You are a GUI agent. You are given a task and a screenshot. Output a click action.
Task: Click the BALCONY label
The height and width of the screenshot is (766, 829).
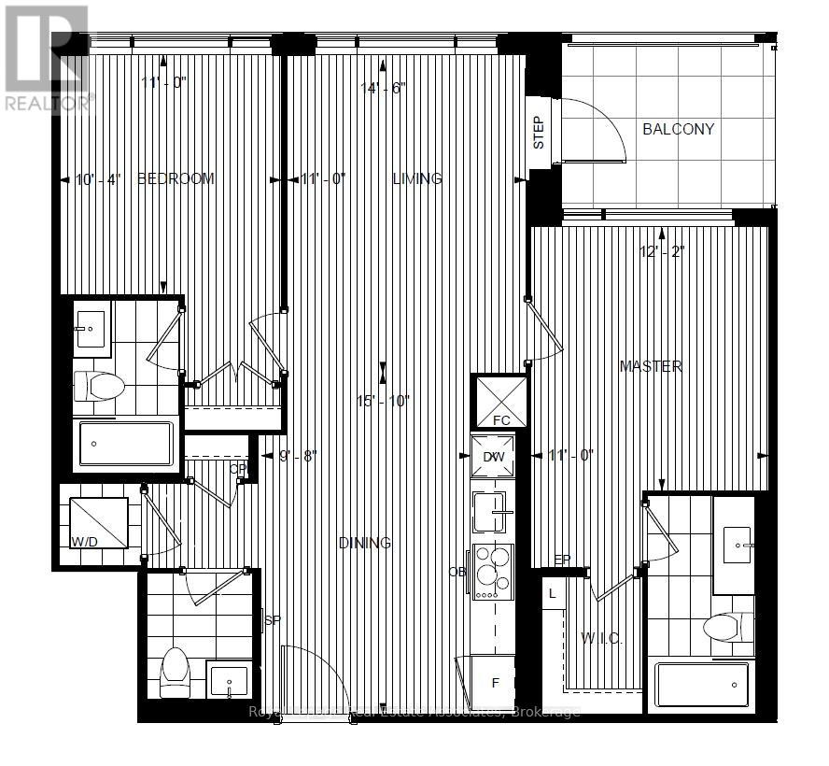pos(678,129)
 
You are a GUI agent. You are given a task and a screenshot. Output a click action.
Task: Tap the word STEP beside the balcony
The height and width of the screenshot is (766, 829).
pos(539,133)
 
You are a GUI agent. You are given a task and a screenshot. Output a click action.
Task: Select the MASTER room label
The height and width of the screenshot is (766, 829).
pos(651,366)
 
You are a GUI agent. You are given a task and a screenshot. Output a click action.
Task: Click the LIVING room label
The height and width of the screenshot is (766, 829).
pos(417,178)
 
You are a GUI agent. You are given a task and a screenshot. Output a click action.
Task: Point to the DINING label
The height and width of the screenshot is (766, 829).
pos(364,543)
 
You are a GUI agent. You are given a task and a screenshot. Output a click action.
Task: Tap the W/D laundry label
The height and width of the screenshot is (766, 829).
pos(84,542)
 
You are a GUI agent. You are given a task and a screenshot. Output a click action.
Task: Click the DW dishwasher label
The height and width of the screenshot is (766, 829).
pos(493,456)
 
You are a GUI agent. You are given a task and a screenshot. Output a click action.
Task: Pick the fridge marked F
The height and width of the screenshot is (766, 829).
pos(496,683)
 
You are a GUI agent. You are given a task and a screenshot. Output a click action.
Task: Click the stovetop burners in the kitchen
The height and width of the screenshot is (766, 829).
pos(491,571)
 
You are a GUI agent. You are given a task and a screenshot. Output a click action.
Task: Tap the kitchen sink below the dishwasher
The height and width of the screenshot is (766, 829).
pos(489,512)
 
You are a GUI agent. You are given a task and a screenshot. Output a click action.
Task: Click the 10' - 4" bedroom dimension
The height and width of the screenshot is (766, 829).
pos(97,179)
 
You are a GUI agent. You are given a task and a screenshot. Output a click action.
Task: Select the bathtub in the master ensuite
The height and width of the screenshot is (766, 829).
pos(703,686)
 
